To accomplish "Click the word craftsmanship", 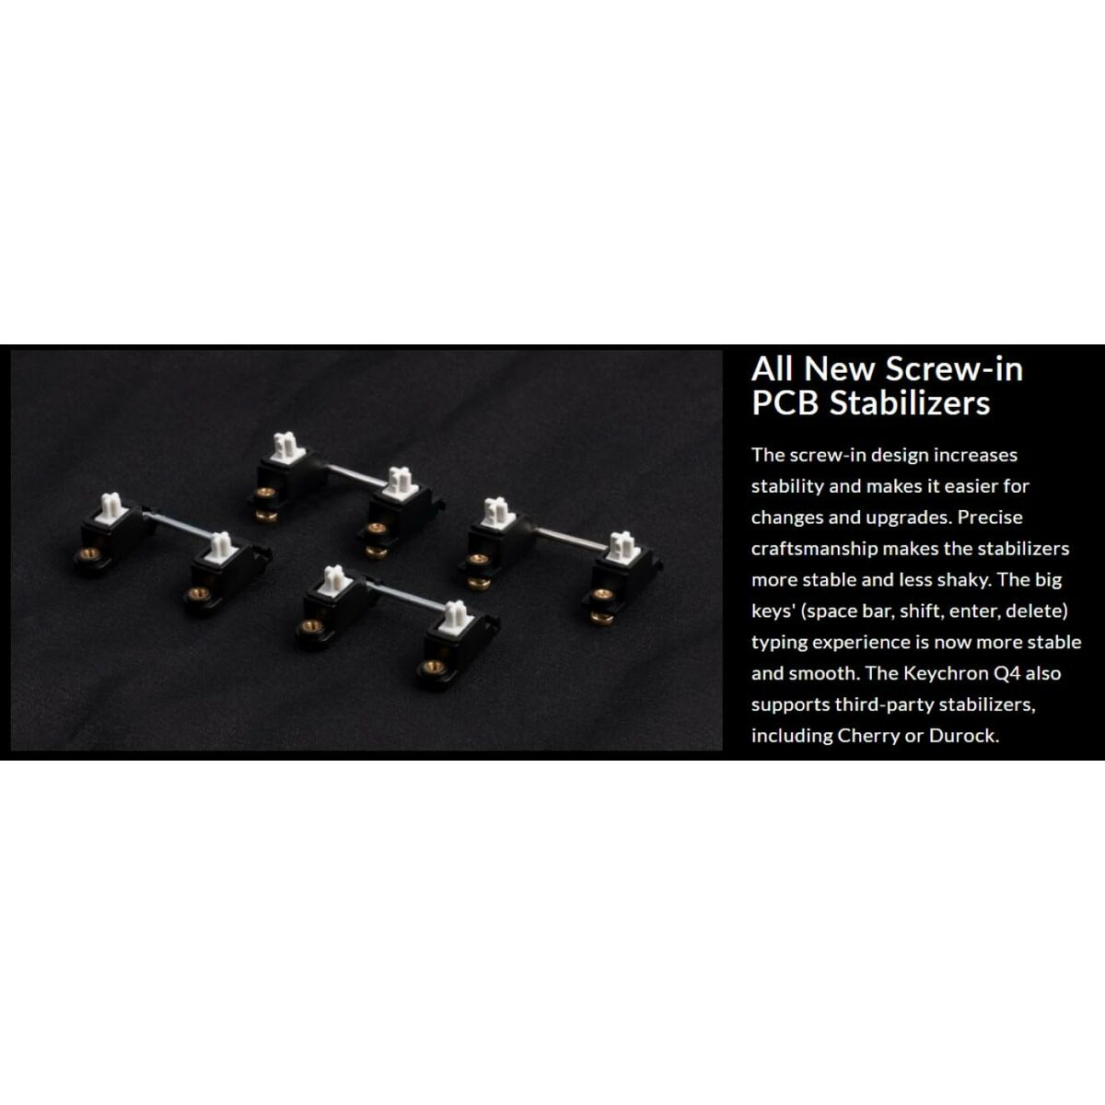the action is coord(814,549).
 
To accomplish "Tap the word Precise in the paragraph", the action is coord(990,518).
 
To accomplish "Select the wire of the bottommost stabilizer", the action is coord(405,596).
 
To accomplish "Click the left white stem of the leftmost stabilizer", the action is coord(111,507).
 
